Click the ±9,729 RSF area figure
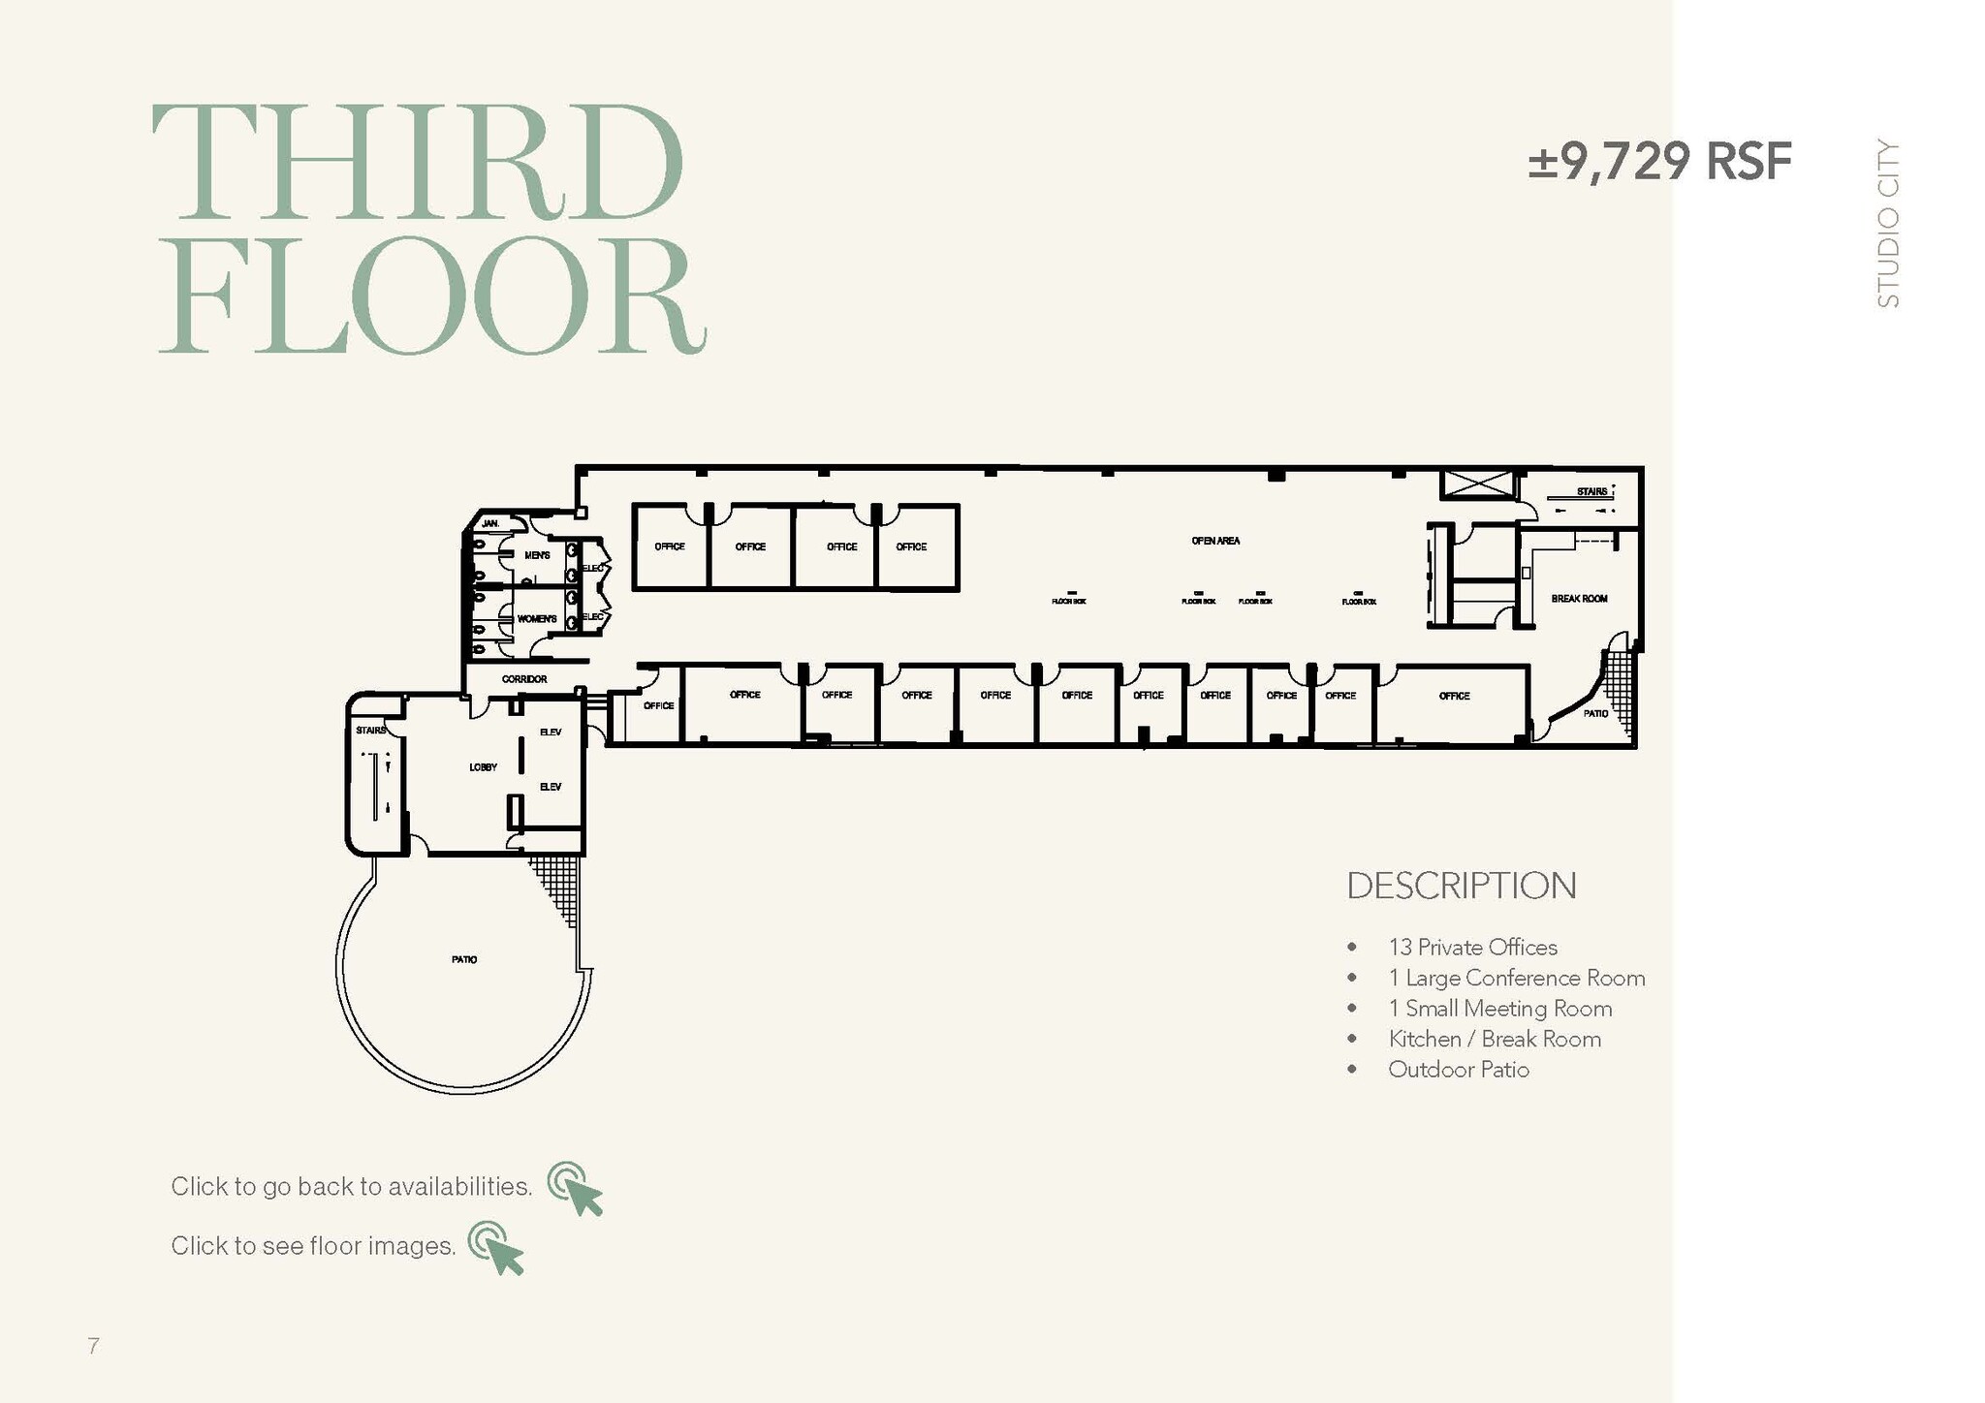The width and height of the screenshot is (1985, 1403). (x=1659, y=162)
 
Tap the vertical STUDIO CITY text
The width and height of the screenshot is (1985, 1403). (x=1888, y=224)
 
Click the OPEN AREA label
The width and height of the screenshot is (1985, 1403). (x=1215, y=541)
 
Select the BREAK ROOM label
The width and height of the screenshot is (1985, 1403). (x=1579, y=599)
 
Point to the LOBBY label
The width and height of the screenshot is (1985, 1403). (x=483, y=767)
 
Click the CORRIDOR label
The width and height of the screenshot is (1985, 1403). (x=524, y=679)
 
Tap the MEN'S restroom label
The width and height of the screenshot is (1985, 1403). (x=537, y=555)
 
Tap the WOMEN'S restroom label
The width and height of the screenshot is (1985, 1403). (x=537, y=618)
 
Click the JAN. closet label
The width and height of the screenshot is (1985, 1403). (x=490, y=523)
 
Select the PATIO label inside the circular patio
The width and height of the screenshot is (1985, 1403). (x=463, y=959)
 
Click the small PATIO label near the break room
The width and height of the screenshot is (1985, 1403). (x=1595, y=713)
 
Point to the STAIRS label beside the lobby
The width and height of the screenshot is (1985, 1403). (x=370, y=730)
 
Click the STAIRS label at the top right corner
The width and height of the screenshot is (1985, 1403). (x=1591, y=491)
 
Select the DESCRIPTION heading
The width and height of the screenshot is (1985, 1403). (x=1461, y=886)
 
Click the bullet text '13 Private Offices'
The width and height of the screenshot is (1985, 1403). (x=1472, y=947)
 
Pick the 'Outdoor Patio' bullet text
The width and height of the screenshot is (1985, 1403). (x=1458, y=1070)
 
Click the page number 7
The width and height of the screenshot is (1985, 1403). (x=93, y=1346)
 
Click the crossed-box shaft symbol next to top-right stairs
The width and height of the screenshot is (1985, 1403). (x=1477, y=484)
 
